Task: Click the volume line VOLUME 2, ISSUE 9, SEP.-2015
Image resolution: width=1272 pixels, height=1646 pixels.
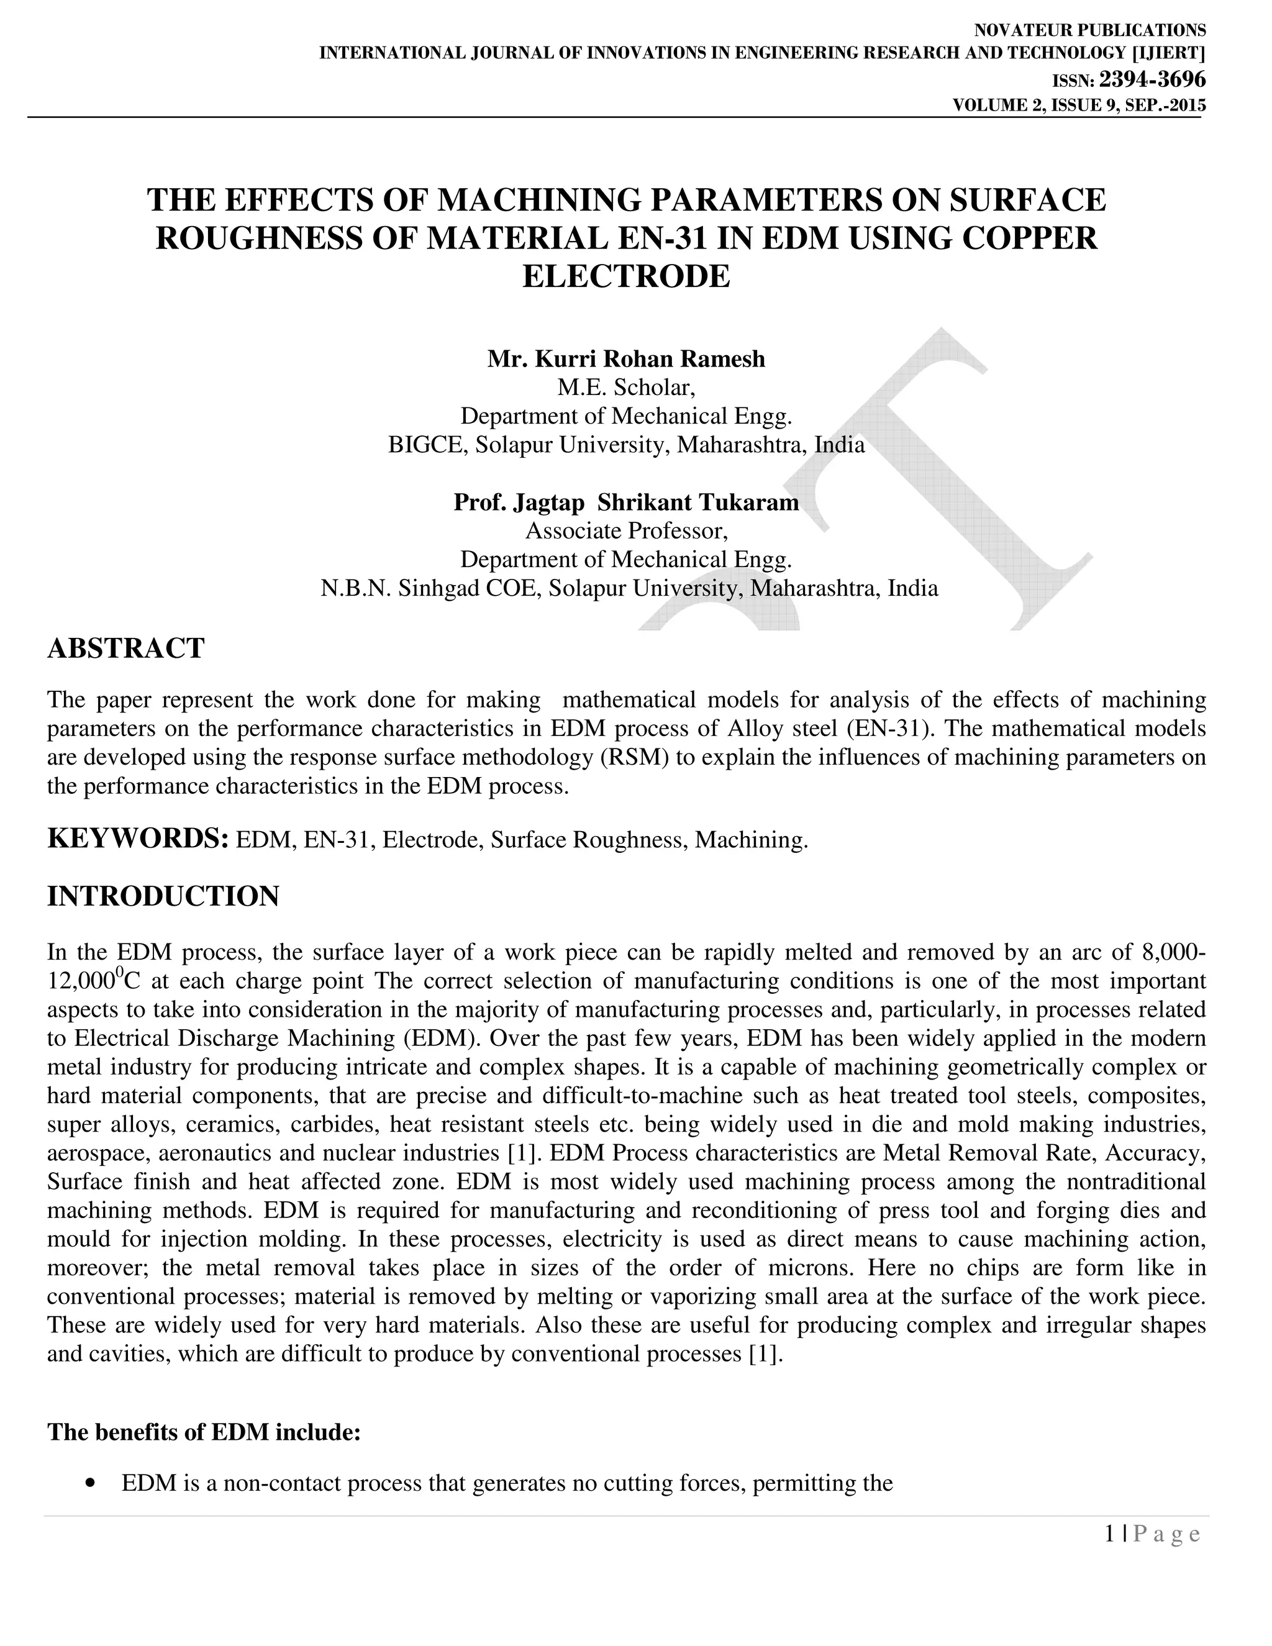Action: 1079,106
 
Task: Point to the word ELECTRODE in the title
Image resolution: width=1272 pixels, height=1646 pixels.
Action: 626,276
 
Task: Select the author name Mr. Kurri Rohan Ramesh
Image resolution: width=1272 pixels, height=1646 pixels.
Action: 626,359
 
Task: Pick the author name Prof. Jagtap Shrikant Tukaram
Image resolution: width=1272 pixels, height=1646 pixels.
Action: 626,502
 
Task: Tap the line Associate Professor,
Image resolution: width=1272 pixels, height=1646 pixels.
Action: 626,530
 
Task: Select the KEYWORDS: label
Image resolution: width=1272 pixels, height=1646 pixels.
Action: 138,839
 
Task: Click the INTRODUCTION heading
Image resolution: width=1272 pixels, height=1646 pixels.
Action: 163,896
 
